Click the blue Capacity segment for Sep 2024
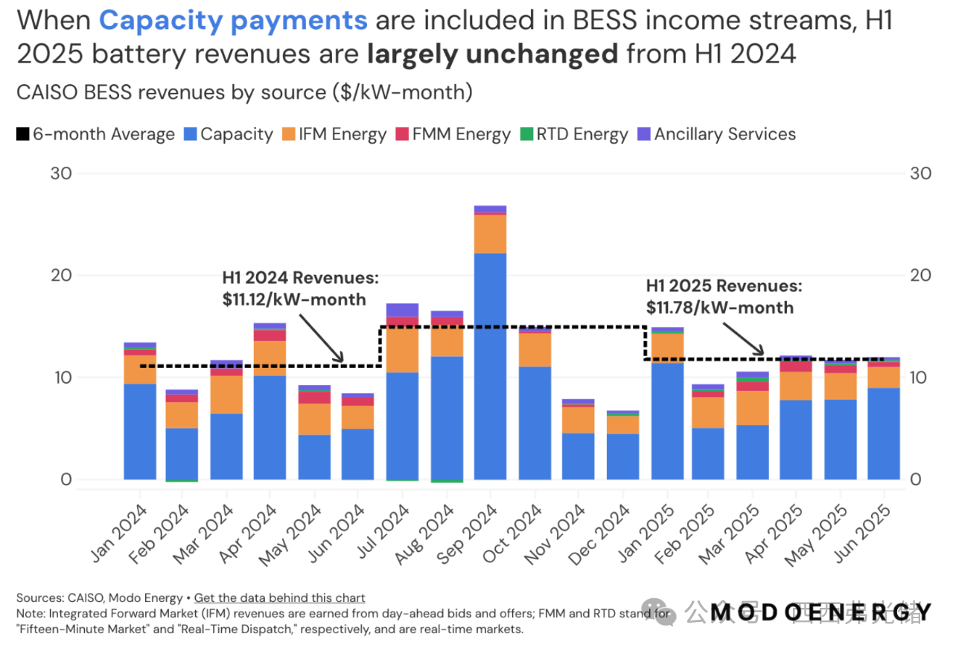click(x=490, y=366)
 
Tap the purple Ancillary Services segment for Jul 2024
click(x=402, y=310)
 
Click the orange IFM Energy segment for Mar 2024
click(x=226, y=394)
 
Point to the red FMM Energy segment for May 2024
click(x=314, y=397)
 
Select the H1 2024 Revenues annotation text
click(x=300, y=278)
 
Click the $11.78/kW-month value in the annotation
click(x=719, y=307)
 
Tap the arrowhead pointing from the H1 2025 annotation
click(x=761, y=352)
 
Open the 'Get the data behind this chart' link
click(x=279, y=597)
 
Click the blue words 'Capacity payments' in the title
click(x=233, y=20)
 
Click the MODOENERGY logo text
click(x=819, y=612)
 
